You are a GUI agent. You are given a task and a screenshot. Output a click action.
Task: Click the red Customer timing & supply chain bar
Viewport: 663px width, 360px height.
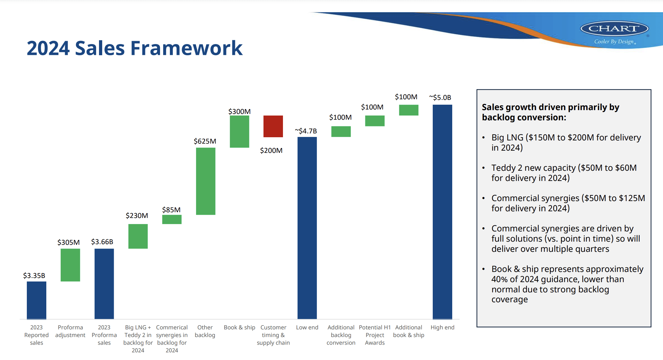[273, 126]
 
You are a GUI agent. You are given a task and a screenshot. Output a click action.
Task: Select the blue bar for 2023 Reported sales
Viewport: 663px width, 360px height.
[36, 300]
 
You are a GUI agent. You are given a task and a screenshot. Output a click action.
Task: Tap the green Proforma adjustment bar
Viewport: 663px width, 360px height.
[70, 265]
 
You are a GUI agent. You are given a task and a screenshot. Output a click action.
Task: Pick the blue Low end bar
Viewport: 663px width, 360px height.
[307, 228]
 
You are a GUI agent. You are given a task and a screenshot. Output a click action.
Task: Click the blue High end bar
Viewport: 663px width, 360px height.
[442, 212]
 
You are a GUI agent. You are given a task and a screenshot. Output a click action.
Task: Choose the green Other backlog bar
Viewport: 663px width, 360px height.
[206, 181]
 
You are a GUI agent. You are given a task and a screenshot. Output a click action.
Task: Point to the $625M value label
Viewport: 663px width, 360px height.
[205, 141]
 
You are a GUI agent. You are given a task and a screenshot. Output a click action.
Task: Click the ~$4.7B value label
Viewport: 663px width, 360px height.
[306, 131]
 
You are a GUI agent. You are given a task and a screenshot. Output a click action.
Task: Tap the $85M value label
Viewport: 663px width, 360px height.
[171, 210]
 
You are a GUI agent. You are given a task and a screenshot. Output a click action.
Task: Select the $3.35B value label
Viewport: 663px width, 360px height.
[34, 275]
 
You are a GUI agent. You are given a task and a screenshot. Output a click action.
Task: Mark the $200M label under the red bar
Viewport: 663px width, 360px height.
[271, 150]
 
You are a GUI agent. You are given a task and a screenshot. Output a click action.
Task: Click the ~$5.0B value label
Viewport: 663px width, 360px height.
[440, 97]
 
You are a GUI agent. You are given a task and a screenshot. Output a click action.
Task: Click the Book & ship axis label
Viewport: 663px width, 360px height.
[240, 327]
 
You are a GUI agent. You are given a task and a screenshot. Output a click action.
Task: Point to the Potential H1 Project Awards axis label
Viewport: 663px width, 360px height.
[375, 335]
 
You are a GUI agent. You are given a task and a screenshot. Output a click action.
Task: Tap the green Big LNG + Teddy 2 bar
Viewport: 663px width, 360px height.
[138, 236]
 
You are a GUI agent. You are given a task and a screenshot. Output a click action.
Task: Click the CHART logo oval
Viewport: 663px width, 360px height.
[614, 29]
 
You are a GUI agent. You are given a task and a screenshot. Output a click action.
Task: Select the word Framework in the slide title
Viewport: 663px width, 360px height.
[187, 48]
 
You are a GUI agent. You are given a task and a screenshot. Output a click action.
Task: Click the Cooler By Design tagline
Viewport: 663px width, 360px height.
[614, 42]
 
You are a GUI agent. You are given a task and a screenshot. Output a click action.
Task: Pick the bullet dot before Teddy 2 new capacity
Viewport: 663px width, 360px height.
[484, 168]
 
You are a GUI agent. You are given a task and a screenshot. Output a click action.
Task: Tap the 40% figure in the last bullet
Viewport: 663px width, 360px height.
[499, 279]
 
